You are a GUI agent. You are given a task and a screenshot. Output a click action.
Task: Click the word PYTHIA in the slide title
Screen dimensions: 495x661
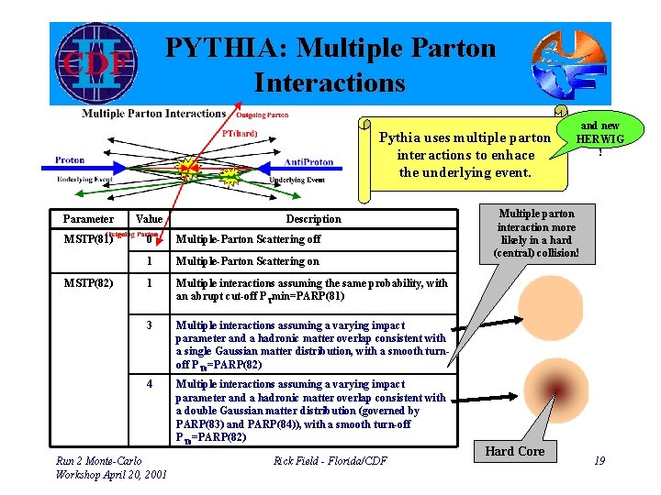(x=228, y=48)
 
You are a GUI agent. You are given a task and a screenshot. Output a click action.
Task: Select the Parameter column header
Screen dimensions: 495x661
(x=88, y=219)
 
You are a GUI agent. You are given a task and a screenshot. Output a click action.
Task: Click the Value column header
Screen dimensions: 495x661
(x=149, y=219)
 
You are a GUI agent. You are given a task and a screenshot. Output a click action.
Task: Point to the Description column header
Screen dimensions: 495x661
(x=313, y=219)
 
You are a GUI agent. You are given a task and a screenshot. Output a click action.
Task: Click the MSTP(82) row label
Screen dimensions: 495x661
(x=88, y=283)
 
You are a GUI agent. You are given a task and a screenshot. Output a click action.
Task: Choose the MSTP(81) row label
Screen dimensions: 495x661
(x=88, y=239)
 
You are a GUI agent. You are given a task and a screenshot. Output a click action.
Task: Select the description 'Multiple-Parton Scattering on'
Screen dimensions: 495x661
(x=247, y=261)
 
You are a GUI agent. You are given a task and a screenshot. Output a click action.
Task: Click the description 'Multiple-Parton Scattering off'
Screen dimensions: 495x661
(x=248, y=239)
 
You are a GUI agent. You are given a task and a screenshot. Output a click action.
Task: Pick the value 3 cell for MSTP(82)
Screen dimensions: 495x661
(x=150, y=325)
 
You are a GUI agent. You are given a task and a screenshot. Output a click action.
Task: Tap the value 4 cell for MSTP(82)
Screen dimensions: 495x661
(x=150, y=384)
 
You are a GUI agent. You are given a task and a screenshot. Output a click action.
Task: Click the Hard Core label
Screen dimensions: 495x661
(x=514, y=451)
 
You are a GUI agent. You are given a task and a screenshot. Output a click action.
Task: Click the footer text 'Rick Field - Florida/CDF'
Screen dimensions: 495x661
(x=330, y=461)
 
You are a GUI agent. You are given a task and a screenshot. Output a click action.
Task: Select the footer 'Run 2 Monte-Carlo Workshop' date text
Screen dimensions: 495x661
(x=110, y=467)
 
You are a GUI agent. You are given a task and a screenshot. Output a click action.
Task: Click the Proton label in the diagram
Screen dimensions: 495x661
(x=70, y=160)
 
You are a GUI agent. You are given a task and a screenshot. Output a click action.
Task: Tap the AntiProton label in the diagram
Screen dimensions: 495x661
(x=308, y=161)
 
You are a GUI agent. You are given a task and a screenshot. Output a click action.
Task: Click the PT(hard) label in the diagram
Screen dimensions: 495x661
(x=240, y=133)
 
